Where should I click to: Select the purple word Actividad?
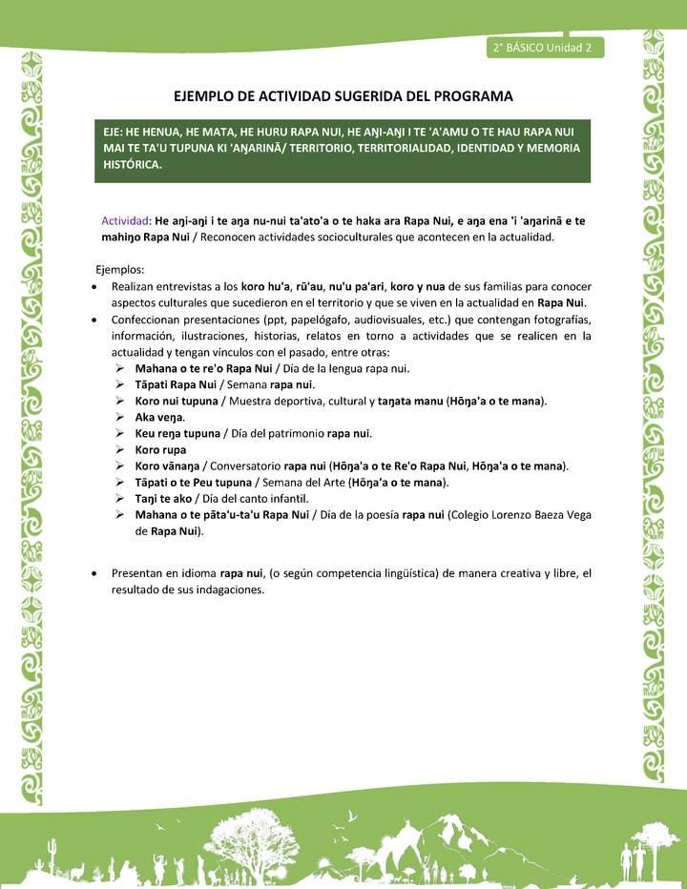(x=125, y=220)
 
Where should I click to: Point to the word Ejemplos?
(x=120, y=270)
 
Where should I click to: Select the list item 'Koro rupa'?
(x=160, y=449)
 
